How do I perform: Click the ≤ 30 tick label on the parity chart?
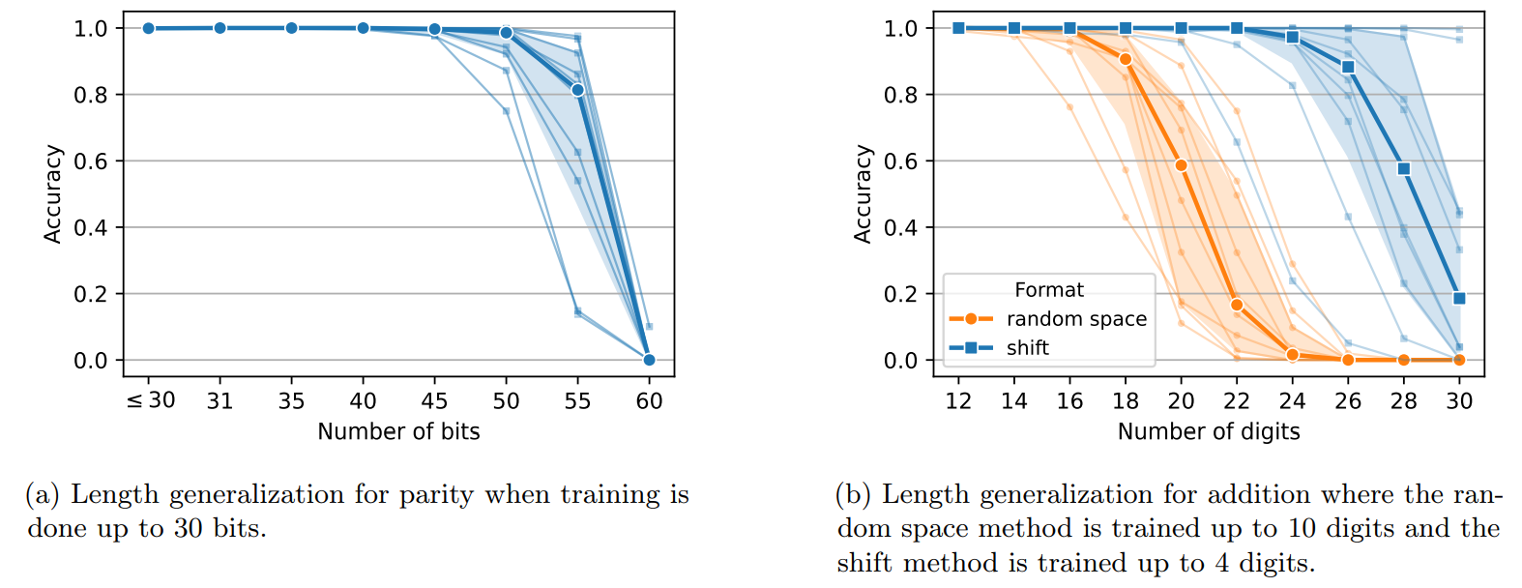click(x=151, y=400)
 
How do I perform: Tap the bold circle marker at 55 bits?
click(x=577, y=90)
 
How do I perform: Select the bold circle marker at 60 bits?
click(x=649, y=360)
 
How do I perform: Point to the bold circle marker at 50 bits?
click(x=506, y=33)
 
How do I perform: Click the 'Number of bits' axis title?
click(x=398, y=431)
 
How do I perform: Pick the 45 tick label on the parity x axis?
click(x=434, y=401)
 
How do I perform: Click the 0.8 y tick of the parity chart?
click(x=91, y=95)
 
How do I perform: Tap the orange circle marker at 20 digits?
click(x=1181, y=165)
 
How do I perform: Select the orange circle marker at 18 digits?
click(x=1126, y=59)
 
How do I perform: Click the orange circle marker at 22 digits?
click(x=1237, y=305)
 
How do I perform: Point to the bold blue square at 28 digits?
click(x=1404, y=168)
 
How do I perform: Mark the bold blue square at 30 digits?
click(x=1459, y=298)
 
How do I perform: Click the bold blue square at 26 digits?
click(x=1348, y=67)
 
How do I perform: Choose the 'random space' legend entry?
click(x=1076, y=319)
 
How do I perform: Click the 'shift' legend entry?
click(x=1027, y=348)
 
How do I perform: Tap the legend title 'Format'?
click(x=1049, y=290)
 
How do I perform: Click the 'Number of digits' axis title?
click(x=1209, y=431)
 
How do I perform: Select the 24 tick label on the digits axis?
click(x=1292, y=401)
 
